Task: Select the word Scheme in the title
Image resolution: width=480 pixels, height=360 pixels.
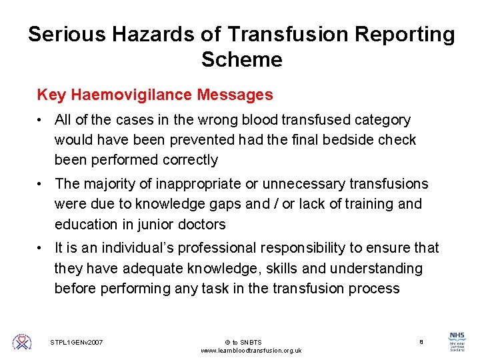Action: pyautogui.click(x=241, y=59)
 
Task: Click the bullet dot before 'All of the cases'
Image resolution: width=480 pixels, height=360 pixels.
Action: pyautogui.click(x=41, y=121)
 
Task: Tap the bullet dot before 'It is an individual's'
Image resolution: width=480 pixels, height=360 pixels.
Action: pyautogui.click(x=41, y=249)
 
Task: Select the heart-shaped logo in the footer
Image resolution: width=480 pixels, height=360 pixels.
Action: pyautogui.click(x=22, y=341)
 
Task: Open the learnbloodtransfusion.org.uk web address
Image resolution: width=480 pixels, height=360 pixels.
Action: pyautogui.click(x=251, y=351)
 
